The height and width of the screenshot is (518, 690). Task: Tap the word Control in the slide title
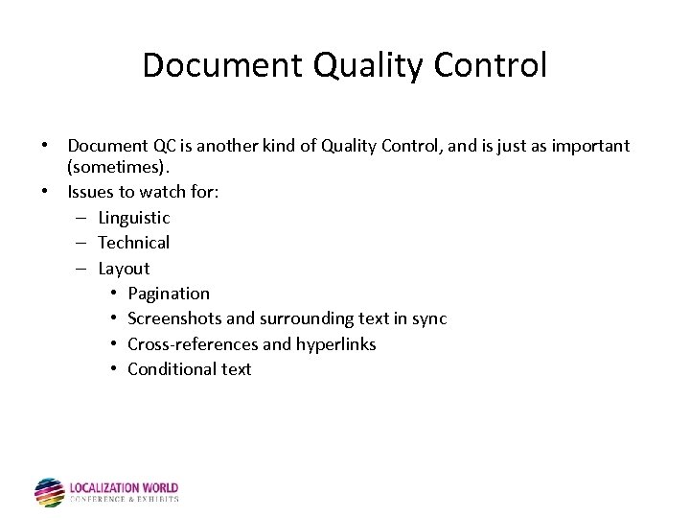(491, 65)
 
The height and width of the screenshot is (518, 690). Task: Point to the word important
(590, 146)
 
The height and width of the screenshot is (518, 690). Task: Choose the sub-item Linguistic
(134, 218)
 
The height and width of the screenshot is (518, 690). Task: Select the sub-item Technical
(134, 243)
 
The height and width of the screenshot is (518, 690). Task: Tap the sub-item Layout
(124, 269)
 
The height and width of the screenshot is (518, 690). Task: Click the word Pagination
(169, 294)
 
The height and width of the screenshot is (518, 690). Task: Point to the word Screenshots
(174, 318)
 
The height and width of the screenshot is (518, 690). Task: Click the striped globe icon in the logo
(49, 492)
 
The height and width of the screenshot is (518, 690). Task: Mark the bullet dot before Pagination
(113, 294)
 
